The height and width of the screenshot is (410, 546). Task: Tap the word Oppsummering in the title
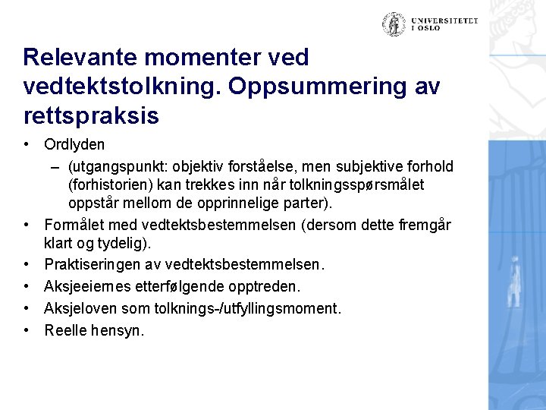[x=323, y=87]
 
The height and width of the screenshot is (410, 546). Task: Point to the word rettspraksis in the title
[x=91, y=115]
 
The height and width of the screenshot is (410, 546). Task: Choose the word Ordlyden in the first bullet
[x=74, y=144]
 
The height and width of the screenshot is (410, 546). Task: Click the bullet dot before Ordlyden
[x=27, y=144]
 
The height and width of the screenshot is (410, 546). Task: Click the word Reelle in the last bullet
[x=64, y=330]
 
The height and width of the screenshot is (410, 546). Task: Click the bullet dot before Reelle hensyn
[x=27, y=330]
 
